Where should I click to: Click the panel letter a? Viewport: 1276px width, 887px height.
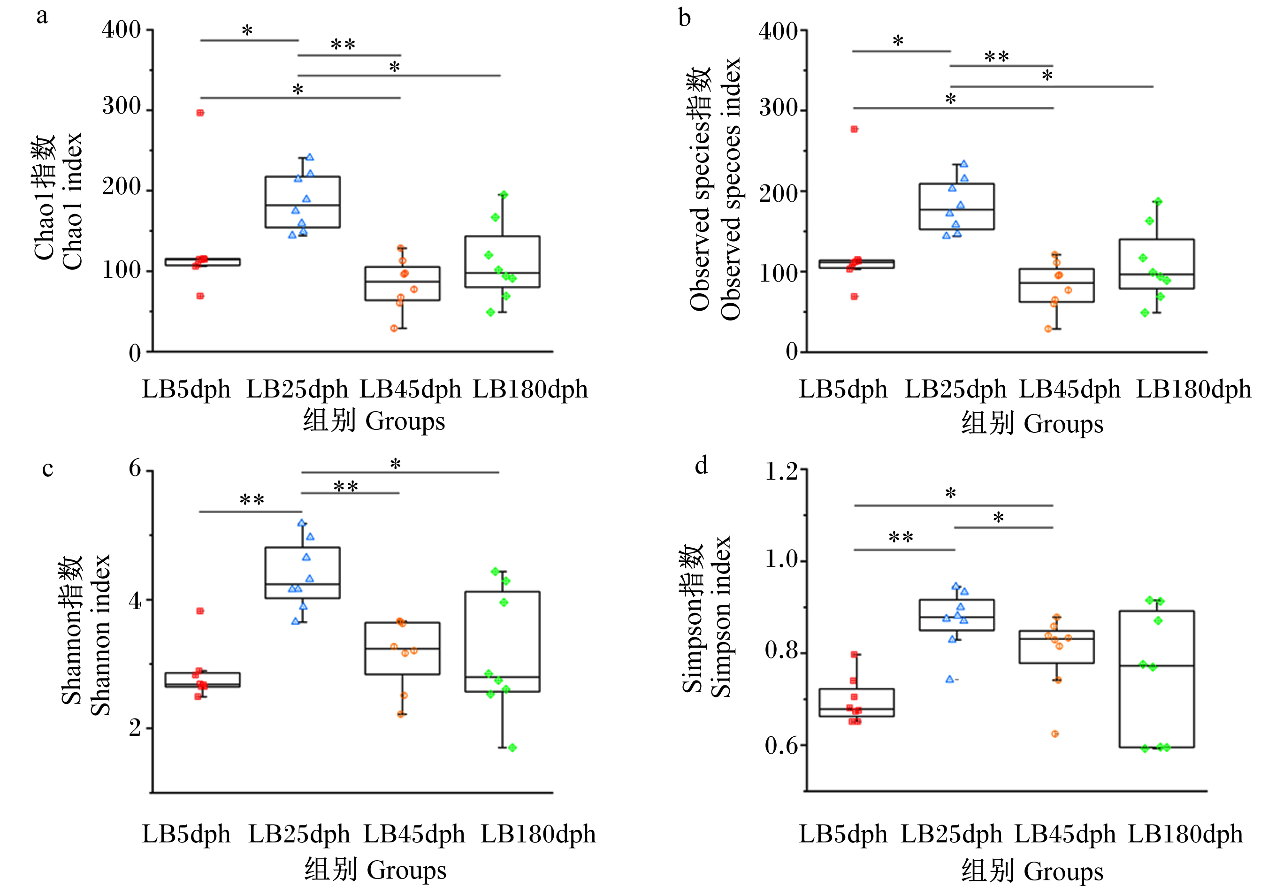click(42, 15)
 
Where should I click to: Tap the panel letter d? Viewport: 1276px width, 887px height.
click(702, 464)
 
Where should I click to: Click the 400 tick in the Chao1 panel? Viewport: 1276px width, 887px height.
click(121, 30)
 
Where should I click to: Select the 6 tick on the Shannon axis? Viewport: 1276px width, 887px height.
click(135, 468)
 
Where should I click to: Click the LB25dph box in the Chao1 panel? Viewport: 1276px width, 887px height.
click(302, 202)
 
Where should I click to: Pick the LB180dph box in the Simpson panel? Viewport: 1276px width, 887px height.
click(1156, 679)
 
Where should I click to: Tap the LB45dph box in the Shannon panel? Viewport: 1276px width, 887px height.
click(402, 649)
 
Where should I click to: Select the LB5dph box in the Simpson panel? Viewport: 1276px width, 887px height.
click(856, 703)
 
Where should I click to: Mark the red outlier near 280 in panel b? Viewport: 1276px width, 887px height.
click(854, 130)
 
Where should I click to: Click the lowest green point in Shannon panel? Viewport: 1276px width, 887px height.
click(512, 748)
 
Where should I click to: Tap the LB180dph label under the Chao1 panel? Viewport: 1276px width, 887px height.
click(530, 389)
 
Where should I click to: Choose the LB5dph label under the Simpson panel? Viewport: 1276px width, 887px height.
click(842, 833)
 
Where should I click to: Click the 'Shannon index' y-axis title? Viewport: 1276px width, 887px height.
click(100, 635)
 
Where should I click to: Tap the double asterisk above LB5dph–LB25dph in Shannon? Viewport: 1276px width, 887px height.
click(252, 500)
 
